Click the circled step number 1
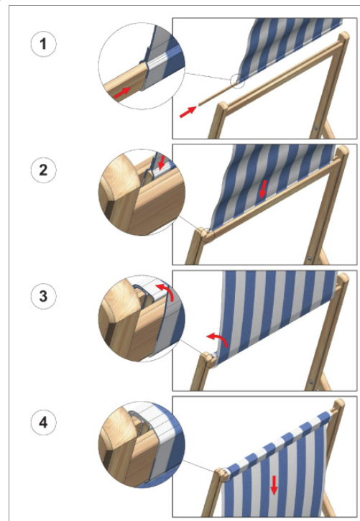point(44,44)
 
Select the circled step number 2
point(44,170)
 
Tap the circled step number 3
point(44,296)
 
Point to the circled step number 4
point(44,423)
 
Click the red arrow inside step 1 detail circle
point(122,92)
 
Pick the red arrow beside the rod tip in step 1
point(188,111)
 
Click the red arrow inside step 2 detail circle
point(162,163)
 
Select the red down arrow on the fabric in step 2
point(263,190)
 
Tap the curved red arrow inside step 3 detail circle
point(167,290)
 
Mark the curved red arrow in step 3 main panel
point(220,338)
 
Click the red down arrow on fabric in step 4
point(274,485)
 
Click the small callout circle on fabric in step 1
point(237,80)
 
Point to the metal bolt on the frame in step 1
point(316,128)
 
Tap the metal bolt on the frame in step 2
point(309,257)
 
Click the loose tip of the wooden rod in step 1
point(198,104)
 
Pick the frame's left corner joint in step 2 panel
point(206,234)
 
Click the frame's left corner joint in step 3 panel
point(209,359)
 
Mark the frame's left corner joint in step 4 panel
point(222,474)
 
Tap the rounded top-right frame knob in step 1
point(343,36)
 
